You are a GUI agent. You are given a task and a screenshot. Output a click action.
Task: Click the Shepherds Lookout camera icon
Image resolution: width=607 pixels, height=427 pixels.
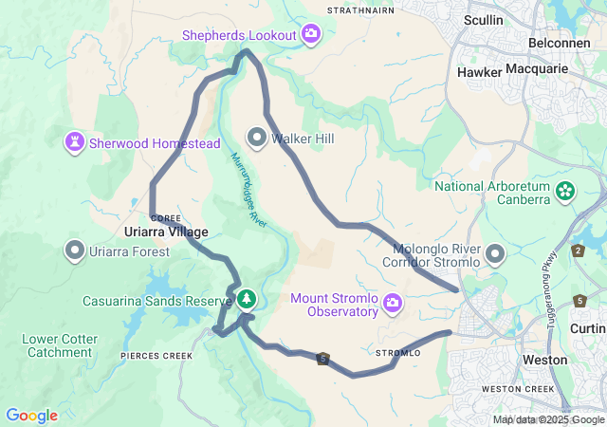pos(312,35)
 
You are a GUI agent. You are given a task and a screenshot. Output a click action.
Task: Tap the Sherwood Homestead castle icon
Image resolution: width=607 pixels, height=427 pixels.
pos(74,143)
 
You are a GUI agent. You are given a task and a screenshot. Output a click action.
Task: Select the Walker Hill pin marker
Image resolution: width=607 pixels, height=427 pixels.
pos(256,139)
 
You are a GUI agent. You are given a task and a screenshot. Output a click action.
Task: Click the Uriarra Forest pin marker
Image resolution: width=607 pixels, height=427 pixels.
pos(74,251)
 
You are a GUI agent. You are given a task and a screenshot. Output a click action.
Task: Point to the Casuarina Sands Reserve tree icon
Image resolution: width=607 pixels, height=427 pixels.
pos(247,299)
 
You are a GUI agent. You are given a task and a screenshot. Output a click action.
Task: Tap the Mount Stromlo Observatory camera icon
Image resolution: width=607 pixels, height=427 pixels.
pos(393,305)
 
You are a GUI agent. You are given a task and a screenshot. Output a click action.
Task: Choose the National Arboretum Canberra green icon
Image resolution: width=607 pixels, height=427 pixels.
pos(565,192)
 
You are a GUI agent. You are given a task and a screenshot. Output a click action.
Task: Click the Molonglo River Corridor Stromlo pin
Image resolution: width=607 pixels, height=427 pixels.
pos(495,254)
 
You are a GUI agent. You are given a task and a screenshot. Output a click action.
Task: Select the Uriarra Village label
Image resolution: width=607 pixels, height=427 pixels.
pos(166,232)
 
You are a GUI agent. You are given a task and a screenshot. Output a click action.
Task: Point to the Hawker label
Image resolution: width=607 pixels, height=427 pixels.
pos(479,71)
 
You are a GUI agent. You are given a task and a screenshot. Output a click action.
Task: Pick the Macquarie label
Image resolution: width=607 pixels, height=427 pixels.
pos(550,69)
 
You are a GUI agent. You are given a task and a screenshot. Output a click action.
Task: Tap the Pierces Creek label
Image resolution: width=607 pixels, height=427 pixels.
pos(157,356)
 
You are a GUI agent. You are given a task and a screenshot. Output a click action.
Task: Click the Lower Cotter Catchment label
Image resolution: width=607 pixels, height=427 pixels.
pos(59,345)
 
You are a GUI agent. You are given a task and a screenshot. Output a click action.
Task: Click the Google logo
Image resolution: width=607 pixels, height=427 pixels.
pos(31,416)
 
